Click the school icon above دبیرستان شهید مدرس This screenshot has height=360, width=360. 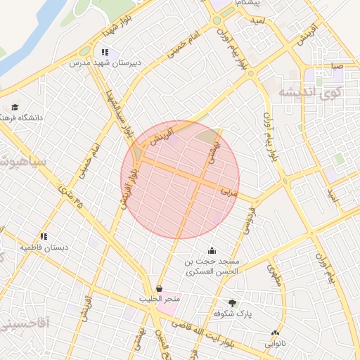(x=105, y=52)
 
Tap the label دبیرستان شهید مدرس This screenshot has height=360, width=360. (x=105, y=63)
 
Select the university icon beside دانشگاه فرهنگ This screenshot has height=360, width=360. (x=15, y=108)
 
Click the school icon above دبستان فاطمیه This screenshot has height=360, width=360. (x=44, y=237)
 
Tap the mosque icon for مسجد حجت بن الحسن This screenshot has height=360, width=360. (x=212, y=250)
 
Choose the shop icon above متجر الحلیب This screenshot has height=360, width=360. (x=160, y=289)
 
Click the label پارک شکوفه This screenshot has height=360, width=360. (x=231, y=312)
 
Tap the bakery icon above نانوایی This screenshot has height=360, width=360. (x=275, y=334)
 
